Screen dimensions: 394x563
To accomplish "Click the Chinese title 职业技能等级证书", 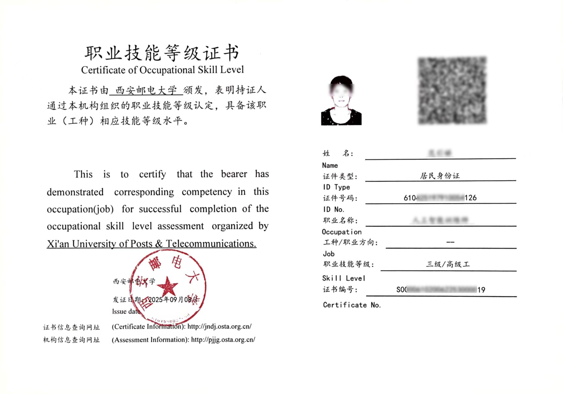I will (x=162, y=53).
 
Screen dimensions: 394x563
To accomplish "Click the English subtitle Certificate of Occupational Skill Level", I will (x=162, y=70).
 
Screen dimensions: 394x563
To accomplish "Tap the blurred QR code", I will (x=452, y=91).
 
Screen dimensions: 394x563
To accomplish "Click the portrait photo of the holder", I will (x=341, y=100).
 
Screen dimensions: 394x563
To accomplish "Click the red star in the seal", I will (x=167, y=286).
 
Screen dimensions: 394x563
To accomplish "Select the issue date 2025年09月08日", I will (x=173, y=299).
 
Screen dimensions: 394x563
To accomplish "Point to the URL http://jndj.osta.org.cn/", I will (x=219, y=327).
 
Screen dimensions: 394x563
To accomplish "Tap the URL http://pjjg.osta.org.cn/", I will (x=223, y=340).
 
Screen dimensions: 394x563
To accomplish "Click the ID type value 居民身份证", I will (x=440, y=176).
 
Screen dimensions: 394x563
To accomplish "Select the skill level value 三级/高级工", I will (x=448, y=264).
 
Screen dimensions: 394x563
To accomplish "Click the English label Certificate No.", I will (x=352, y=305).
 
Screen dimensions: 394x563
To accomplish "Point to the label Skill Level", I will (x=344, y=278).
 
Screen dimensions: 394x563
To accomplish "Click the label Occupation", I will (x=341, y=232).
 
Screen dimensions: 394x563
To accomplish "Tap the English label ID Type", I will (x=336, y=187).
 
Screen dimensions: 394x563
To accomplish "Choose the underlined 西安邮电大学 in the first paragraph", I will (x=146, y=91).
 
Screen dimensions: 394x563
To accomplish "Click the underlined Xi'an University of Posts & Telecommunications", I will (x=151, y=244).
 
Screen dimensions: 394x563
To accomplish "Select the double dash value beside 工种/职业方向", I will (x=450, y=242).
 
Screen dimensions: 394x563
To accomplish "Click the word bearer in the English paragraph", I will (x=234, y=174).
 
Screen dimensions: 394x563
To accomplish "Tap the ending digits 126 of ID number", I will (x=471, y=198).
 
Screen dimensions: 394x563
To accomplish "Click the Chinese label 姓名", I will (x=338, y=153).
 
